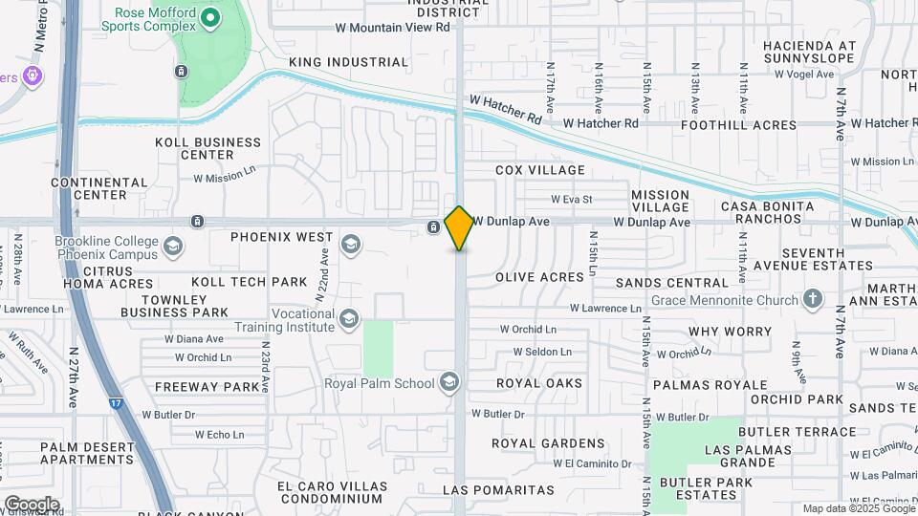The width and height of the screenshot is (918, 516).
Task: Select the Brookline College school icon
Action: tap(173, 247)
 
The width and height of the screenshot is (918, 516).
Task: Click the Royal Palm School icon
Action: tap(448, 383)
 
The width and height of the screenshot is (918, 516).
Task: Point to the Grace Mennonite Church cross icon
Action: tap(813, 300)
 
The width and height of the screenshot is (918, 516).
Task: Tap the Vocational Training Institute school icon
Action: tap(349, 319)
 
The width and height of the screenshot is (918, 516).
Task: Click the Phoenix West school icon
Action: tap(351, 244)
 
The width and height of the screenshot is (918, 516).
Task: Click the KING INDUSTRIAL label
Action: tap(348, 62)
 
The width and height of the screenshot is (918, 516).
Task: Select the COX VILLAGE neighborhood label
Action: tap(539, 170)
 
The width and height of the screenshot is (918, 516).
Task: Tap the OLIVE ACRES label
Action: tap(539, 277)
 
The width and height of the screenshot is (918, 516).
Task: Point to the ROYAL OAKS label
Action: tap(539, 383)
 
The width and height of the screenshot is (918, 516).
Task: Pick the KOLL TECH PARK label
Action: tap(250, 282)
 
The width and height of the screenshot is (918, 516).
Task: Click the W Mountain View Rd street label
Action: tap(392, 28)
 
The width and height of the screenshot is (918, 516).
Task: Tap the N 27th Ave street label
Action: tap(73, 377)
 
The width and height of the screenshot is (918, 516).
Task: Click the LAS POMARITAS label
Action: tap(498, 490)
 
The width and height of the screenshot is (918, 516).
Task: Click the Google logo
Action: tap(32, 504)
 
